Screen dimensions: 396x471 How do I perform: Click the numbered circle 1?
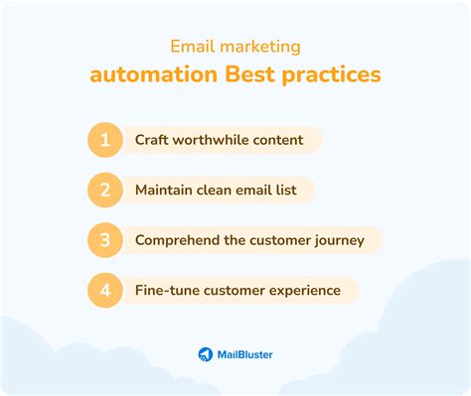pyautogui.click(x=103, y=140)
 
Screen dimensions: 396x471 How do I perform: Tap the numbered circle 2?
pyautogui.click(x=103, y=190)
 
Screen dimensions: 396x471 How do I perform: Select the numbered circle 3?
pyautogui.click(x=103, y=239)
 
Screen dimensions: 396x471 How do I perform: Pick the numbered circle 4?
pyautogui.click(x=103, y=290)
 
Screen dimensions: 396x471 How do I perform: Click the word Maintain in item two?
pyautogui.click(x=166, y=190)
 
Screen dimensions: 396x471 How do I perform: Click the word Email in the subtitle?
pyautogui.click(x=192, y=46)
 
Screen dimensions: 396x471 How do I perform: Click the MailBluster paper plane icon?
pyautogui.click(x=205, y=353)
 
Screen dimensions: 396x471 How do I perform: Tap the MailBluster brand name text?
pyautogui.click(x=244, y=353)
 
